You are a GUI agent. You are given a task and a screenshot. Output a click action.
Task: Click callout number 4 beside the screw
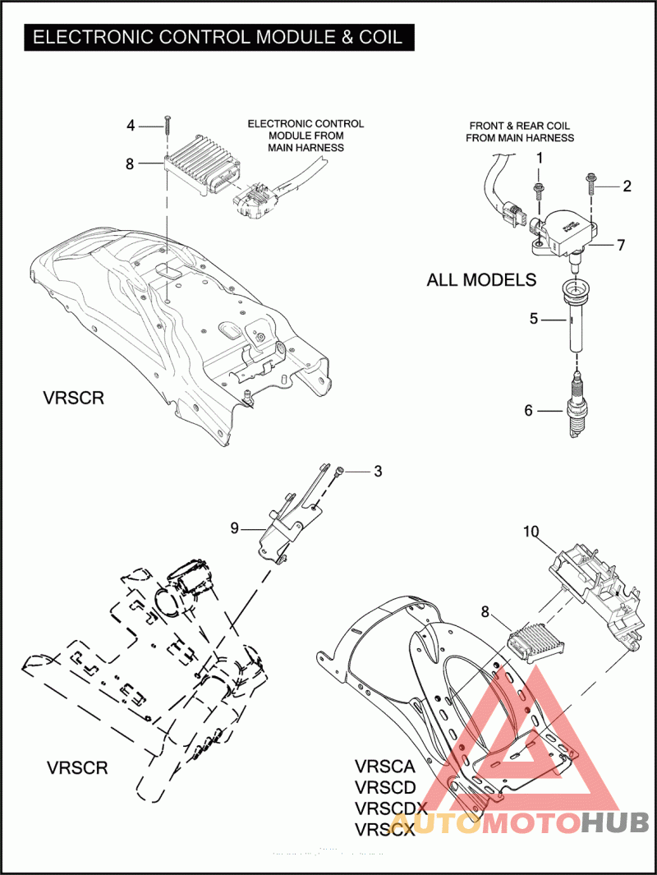pyautogui.click(x=131, y=126)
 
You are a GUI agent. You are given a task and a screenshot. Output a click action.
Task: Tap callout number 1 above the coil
pyautogui.click(x=540, y=157)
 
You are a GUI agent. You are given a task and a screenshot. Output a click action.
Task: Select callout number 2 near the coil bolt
pyautogui.click(x=627, y=186)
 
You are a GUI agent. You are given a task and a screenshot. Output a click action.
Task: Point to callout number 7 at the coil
pyautogui.click(x=622, y=245)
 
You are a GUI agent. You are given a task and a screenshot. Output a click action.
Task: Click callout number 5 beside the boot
pyautogui.click(x=534, y=318)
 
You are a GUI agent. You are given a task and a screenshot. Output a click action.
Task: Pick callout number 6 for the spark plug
pyautogui.click(x=529, y=410)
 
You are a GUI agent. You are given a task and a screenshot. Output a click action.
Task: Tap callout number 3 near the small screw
pyautogui.click(x=378, y=472)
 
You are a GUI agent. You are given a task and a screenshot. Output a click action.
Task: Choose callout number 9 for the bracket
pyautogui.click(x=235, y=528)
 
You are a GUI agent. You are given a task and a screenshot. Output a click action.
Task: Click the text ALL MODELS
pyautogui.click(x=481, y=279)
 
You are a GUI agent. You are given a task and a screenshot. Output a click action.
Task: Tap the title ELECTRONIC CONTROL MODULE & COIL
pyautogui.click(x=218, y=37)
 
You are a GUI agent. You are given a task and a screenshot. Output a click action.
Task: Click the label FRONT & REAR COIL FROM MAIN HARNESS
pyautogui.click(x=520, y=131)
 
